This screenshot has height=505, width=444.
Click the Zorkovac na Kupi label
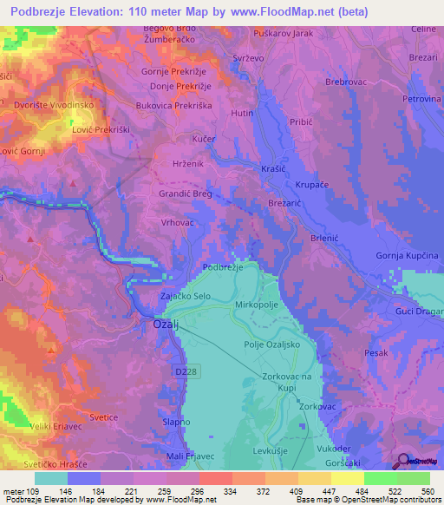[x=292, y=383]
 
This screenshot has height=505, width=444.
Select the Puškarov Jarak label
[x=284, y=33]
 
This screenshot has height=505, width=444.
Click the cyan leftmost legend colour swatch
[x=51, y=478]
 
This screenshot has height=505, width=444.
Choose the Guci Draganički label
[x=420, y=310]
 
